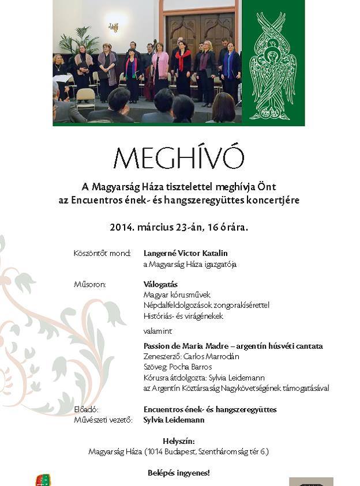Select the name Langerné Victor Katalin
(185, 253)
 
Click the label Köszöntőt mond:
(102, 253)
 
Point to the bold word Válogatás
(160, 284)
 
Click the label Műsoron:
(90, 284)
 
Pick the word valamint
(157, 331)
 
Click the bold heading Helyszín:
(178, 441)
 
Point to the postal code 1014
(158, 451)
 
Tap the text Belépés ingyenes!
(178, 473)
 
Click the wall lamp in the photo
(114, 27)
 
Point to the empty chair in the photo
(85, 99)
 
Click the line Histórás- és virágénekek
(183, 316)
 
